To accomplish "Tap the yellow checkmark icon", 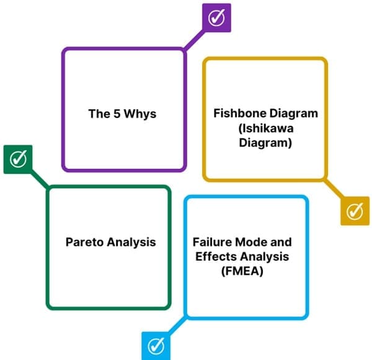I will (x=354, y=211).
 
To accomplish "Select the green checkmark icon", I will (x=19, y=159).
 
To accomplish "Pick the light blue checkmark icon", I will (x=157, y=344).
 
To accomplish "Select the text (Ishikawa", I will (x=265, y=128).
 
